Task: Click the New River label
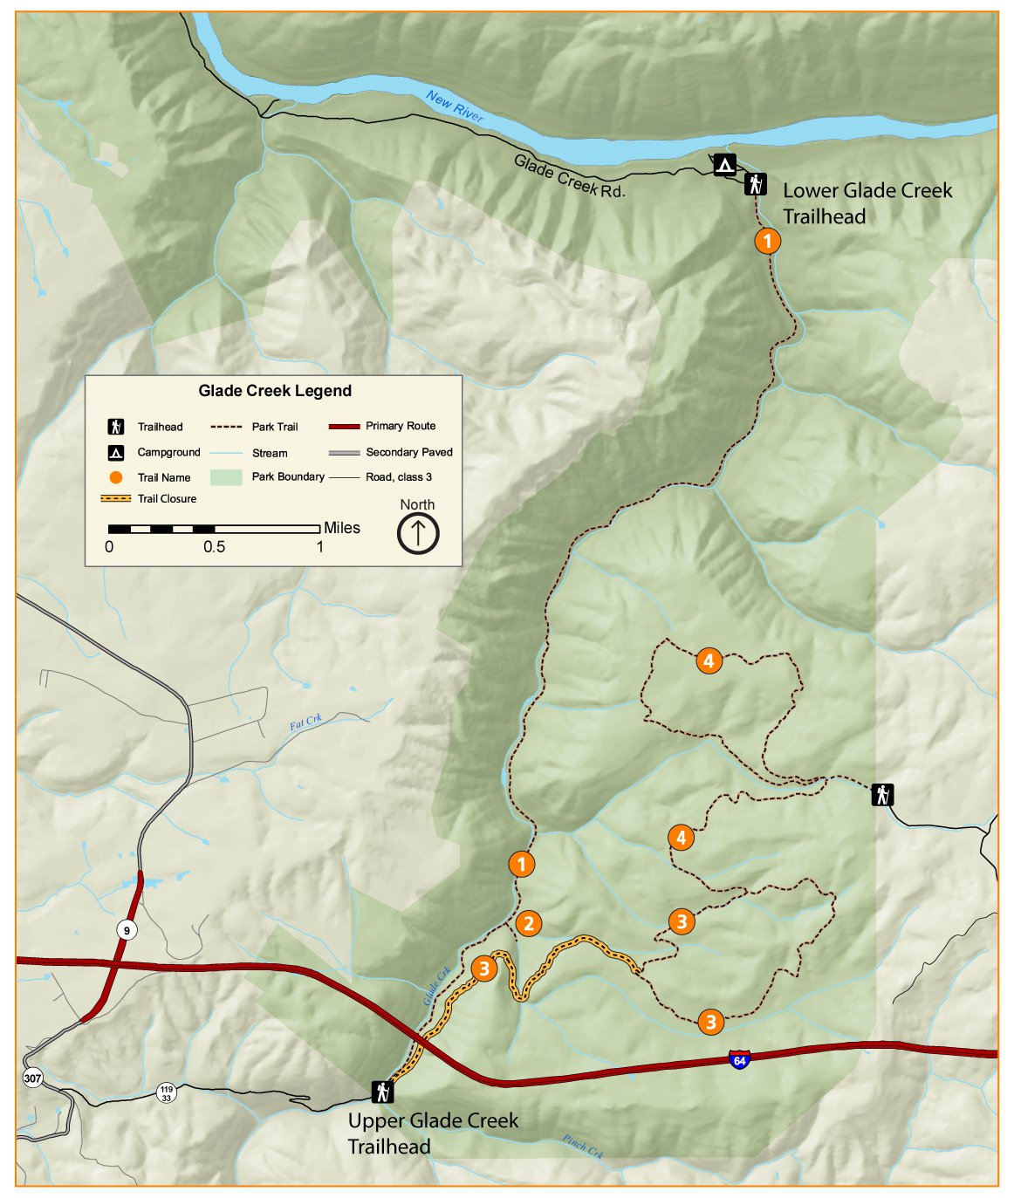tap(455, 106)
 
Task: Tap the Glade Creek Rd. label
tap(569, 176)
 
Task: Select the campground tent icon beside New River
tap(724, 164)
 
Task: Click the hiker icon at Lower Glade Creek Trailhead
tap(756, 184)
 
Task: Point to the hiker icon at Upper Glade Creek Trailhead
tap(381, 1092)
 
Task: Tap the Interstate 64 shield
tap(739, 1060)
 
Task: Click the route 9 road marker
tap(127, 930)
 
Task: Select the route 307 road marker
tap(32, 1078)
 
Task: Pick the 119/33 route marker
tap(167, 1093)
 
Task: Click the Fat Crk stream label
tap(305, 722)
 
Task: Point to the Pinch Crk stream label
tap(583, 1146)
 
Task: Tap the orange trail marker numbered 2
tap(528, 923)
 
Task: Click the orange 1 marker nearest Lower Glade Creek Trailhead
tap(767, 241)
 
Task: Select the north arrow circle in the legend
tap(418, 533)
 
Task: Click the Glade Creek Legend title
tap(275, 391)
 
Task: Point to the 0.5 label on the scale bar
tap(214, 547)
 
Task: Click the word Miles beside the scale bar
tap(342, 528)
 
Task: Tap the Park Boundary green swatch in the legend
tap(226, 477)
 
